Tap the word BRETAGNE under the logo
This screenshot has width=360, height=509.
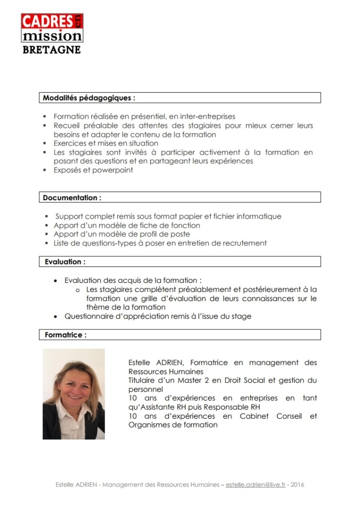coord(52,49)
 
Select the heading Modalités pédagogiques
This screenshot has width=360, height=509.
coord(89,97)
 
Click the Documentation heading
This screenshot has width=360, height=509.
coord(72,197)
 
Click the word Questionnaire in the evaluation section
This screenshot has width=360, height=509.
coord(88,316)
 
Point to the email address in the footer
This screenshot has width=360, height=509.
coord(256,485)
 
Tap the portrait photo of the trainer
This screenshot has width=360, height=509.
coord(73,394)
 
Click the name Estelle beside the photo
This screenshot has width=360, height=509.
coord(139,363)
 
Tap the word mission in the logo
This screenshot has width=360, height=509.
coord(52,36)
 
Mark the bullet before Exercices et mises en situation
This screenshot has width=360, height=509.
coord(45,144)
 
